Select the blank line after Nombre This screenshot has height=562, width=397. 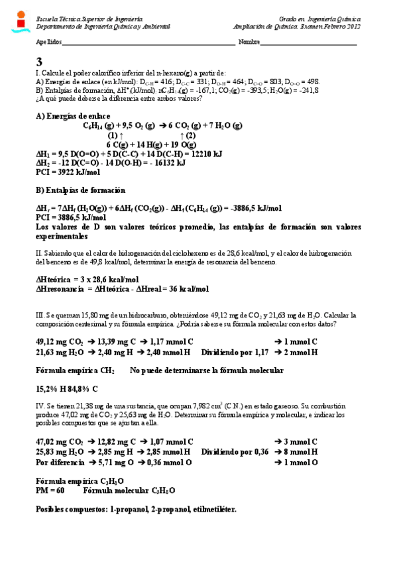point(309,44)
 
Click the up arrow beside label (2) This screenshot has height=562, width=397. point(182,135)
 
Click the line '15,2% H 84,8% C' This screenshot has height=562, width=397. point(66,388)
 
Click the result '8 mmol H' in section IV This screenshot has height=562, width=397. point(296,451)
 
